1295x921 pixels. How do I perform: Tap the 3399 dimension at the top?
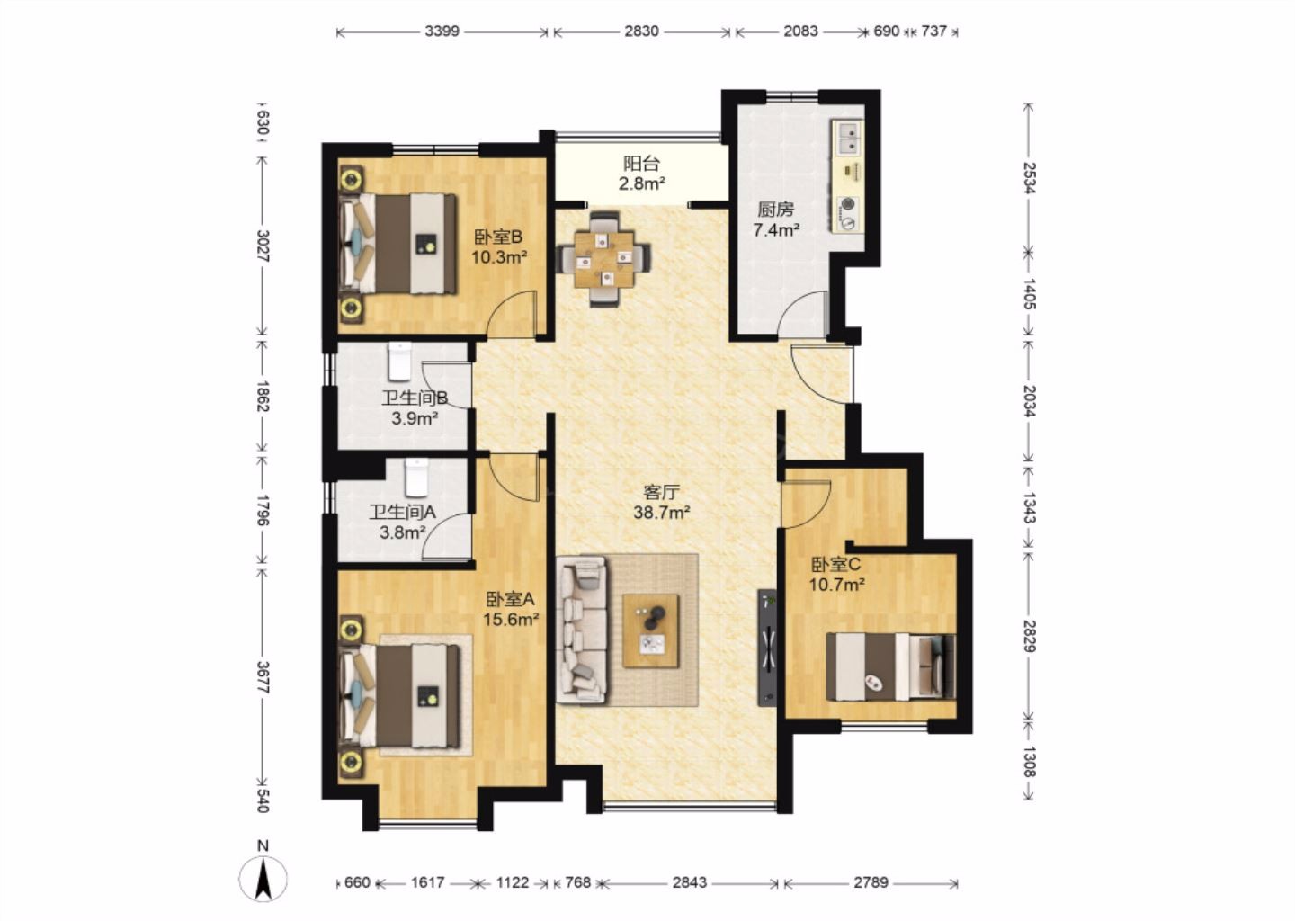442,31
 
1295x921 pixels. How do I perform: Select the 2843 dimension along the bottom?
690,882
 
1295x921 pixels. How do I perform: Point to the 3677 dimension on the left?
263,677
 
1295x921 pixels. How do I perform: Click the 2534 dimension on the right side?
1030,177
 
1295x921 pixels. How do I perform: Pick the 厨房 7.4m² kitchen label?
776,219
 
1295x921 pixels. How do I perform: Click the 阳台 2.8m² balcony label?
642,174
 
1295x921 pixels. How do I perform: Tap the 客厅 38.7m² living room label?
662,503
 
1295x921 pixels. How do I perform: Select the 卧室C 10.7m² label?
836,574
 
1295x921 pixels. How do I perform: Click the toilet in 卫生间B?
399,362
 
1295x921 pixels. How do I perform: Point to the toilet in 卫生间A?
416,478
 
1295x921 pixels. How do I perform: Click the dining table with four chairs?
604,259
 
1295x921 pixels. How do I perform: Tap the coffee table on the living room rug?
651,631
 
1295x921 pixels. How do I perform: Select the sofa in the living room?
582,630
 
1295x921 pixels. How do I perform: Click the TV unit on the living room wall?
768,648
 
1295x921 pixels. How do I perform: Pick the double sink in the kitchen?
847,139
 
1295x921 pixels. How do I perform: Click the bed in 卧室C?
891,666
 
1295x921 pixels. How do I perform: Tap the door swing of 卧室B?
511,313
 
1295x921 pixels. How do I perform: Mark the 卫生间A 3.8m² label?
403,522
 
